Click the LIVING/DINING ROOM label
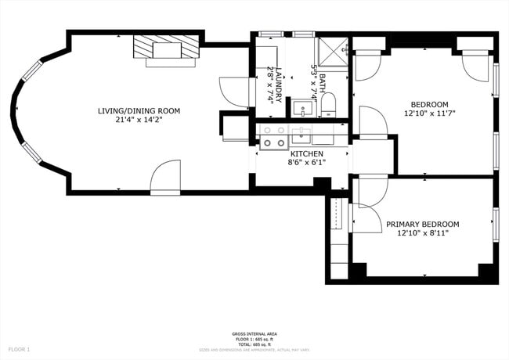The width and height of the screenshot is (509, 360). point(139,111)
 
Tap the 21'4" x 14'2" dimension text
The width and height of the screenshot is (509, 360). point(139,120)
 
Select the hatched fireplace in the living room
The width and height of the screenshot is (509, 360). point(166,49)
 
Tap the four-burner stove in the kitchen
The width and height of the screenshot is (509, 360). point(273,137)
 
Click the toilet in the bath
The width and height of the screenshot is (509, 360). point(328,106)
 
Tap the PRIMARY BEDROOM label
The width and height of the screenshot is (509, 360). point(423,224)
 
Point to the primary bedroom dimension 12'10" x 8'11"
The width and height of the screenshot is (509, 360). point(423,232)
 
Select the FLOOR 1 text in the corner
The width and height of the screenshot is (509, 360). point(19,348)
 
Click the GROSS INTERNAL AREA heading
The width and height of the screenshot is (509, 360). point(254,334)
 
